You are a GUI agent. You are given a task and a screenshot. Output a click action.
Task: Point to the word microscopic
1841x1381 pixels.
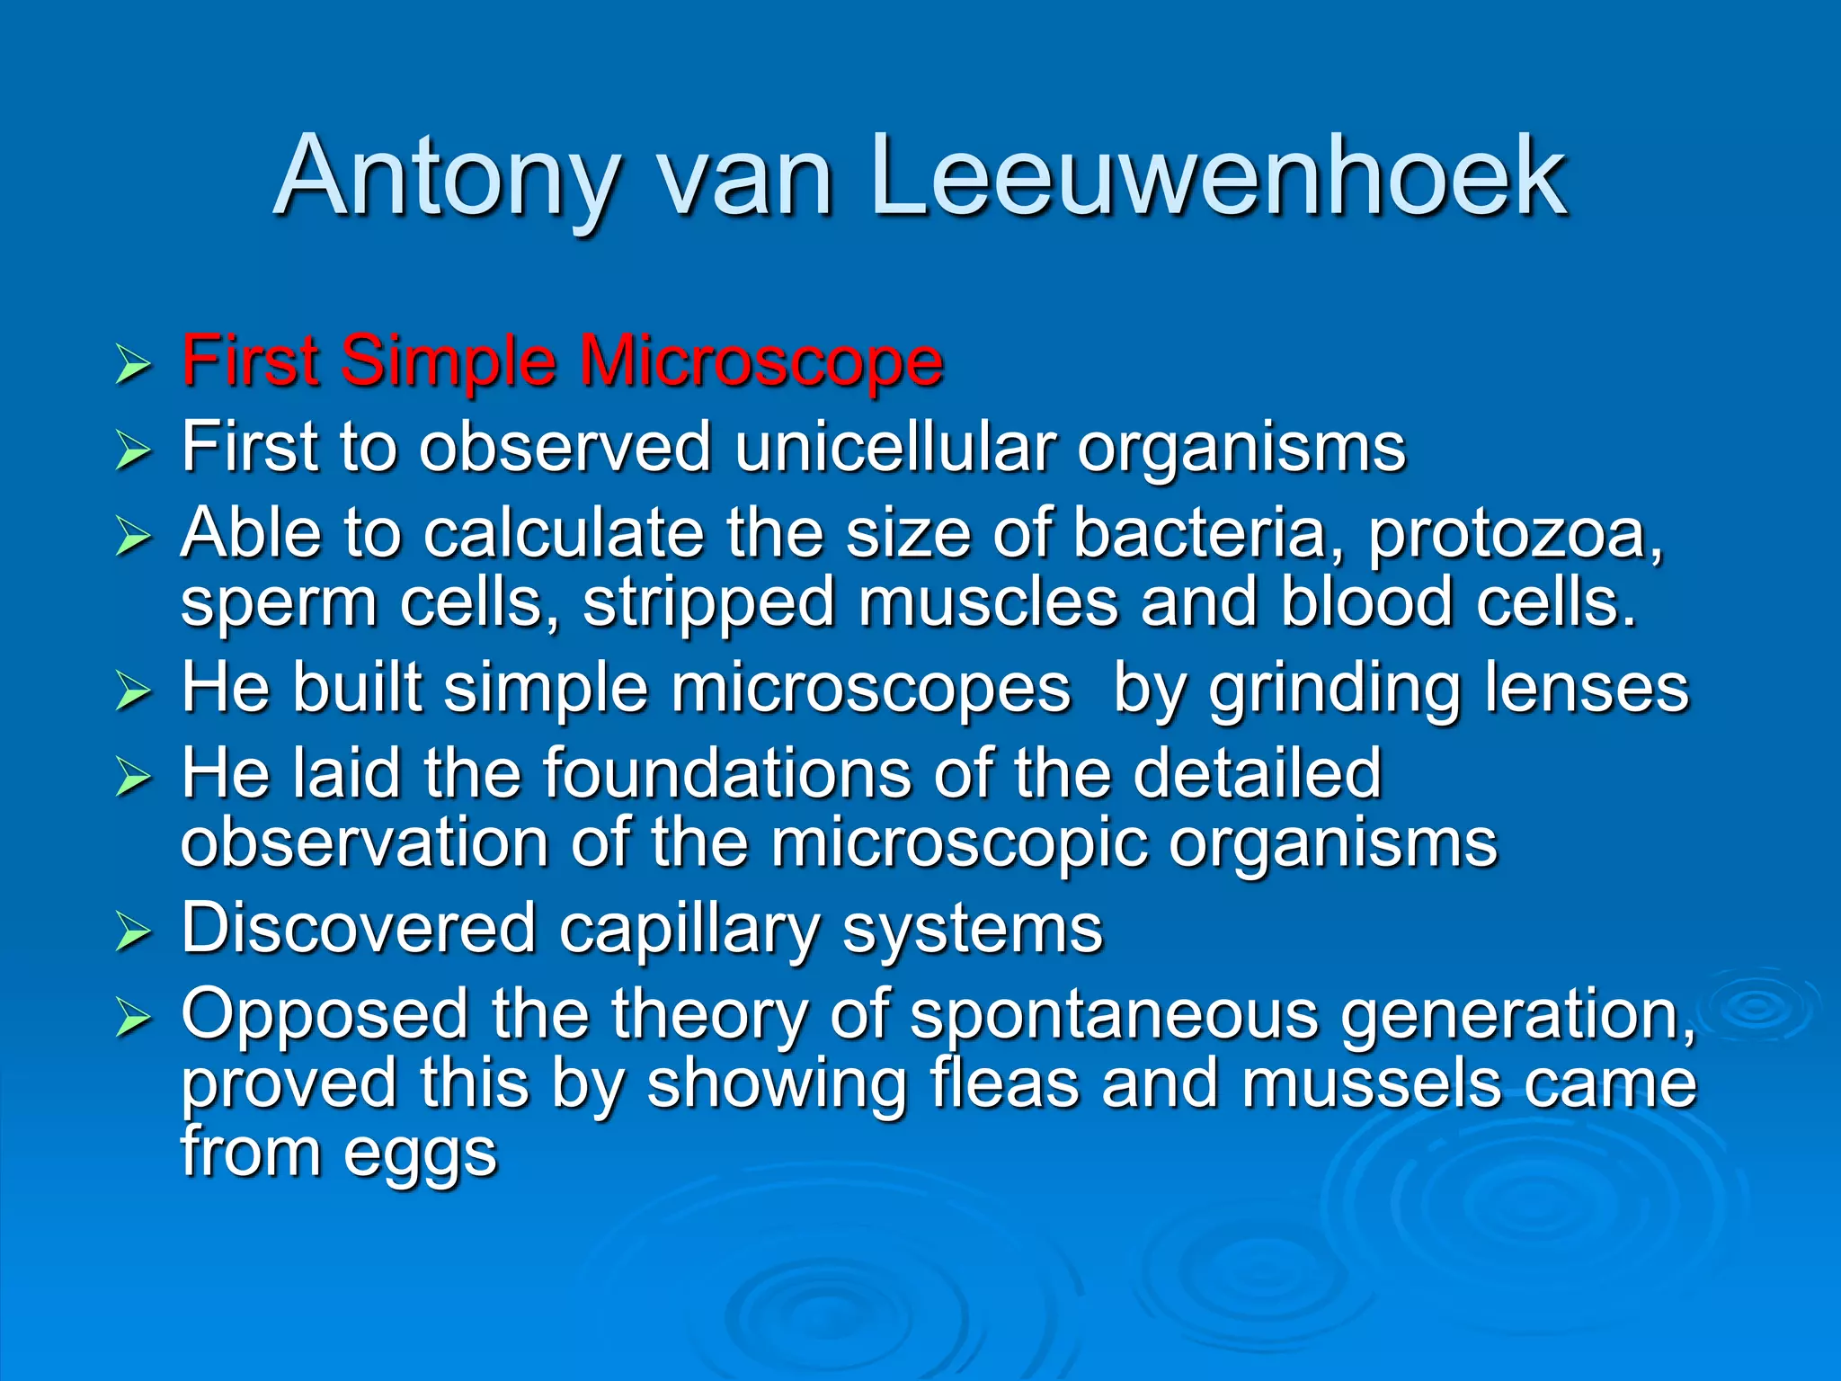pos(959,845)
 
